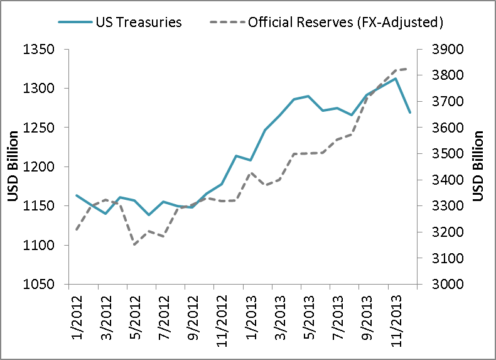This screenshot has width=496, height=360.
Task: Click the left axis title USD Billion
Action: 13,166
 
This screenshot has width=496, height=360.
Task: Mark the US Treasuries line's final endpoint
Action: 410,112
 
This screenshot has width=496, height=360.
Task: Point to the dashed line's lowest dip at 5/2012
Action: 134,244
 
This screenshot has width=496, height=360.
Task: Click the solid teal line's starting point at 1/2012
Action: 77,195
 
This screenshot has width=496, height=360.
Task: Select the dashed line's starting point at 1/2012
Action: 77,229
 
